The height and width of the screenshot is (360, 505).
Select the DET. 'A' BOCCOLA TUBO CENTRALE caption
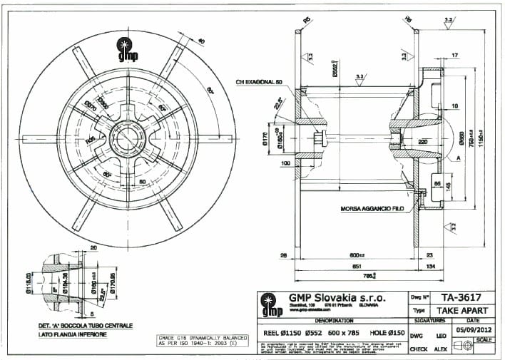pos(80,326)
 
